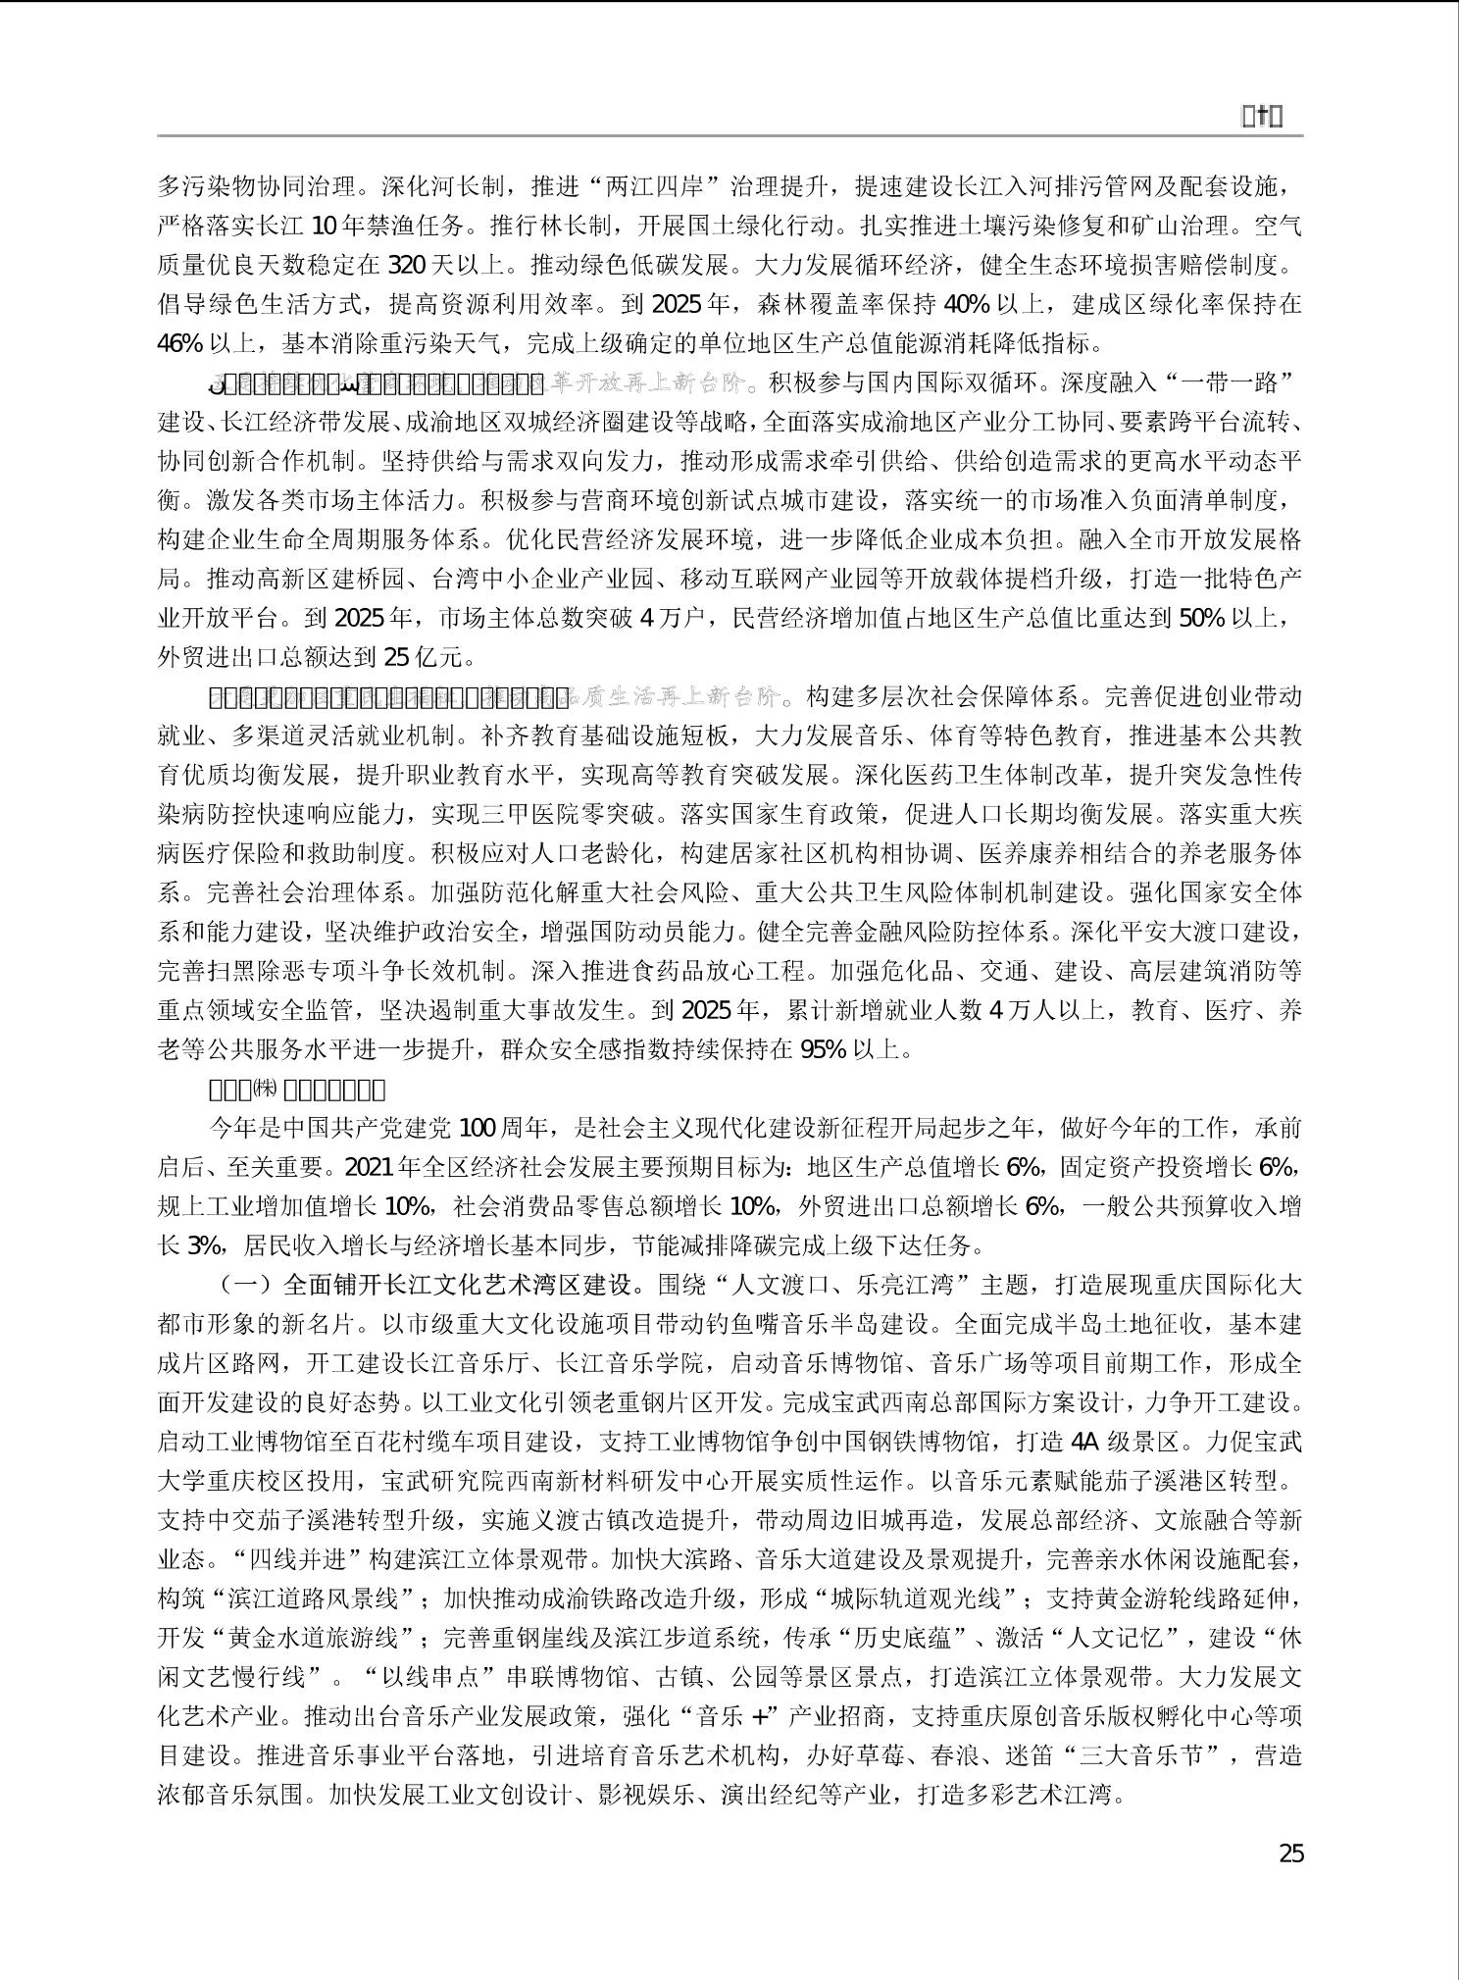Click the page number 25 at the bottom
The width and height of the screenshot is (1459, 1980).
pyautogui.click(x=1291, y=1853)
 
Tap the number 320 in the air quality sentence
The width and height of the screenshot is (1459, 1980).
pyautogui.click(x=407, y=266)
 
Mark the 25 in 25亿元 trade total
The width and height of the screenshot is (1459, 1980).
pyautogui.click(x=397, y=658)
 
